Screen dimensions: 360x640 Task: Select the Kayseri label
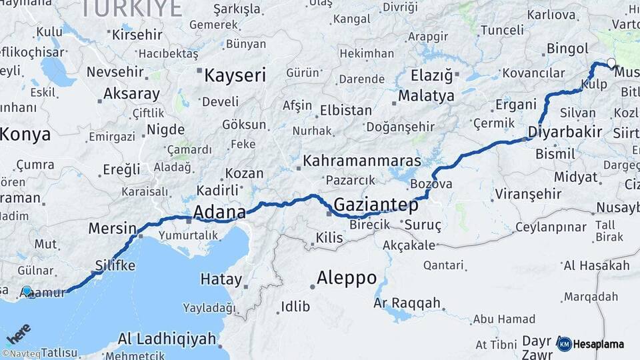tap(235, 75)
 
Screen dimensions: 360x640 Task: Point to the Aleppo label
tap(347, 277)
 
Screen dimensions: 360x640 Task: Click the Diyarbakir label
tap(565, 132)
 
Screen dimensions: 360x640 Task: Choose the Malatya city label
tap(426, 96)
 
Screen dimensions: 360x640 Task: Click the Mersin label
tap(112, 229)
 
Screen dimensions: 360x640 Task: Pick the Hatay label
tap(221, 279)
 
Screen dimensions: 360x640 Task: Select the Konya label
tap(25, 134)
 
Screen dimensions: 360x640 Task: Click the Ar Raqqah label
tap(407, 303)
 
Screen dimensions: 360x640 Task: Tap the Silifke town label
tap(115, 265)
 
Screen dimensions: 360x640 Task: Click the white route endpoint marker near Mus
tap(611, 63)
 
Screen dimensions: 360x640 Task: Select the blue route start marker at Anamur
tap(27, 291)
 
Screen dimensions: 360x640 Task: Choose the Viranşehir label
tap(526, 194)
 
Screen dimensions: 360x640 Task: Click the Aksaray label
tap(131, 94)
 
